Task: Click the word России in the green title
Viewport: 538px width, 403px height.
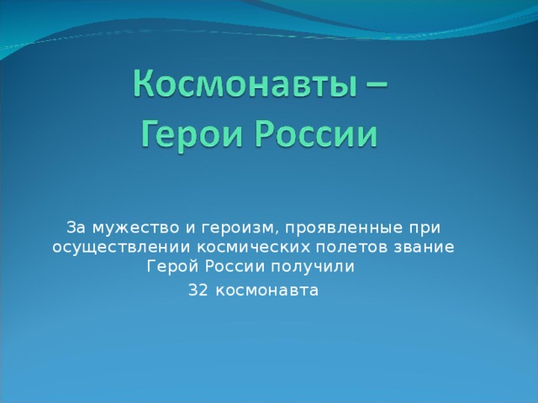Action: click(x=317, y=133)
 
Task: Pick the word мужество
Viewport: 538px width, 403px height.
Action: click(x=136, y=228)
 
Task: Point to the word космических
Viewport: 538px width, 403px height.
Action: click(x=253, y=247)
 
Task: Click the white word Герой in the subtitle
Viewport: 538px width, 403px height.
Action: click(x=172, y=266)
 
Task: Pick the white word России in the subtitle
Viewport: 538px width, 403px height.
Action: click(x=235, y=266)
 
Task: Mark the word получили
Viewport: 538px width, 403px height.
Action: click(x=313, y=267)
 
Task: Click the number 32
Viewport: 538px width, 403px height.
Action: click(x=198, y=290)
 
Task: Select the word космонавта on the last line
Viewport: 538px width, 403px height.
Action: click(x=267, y=291)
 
